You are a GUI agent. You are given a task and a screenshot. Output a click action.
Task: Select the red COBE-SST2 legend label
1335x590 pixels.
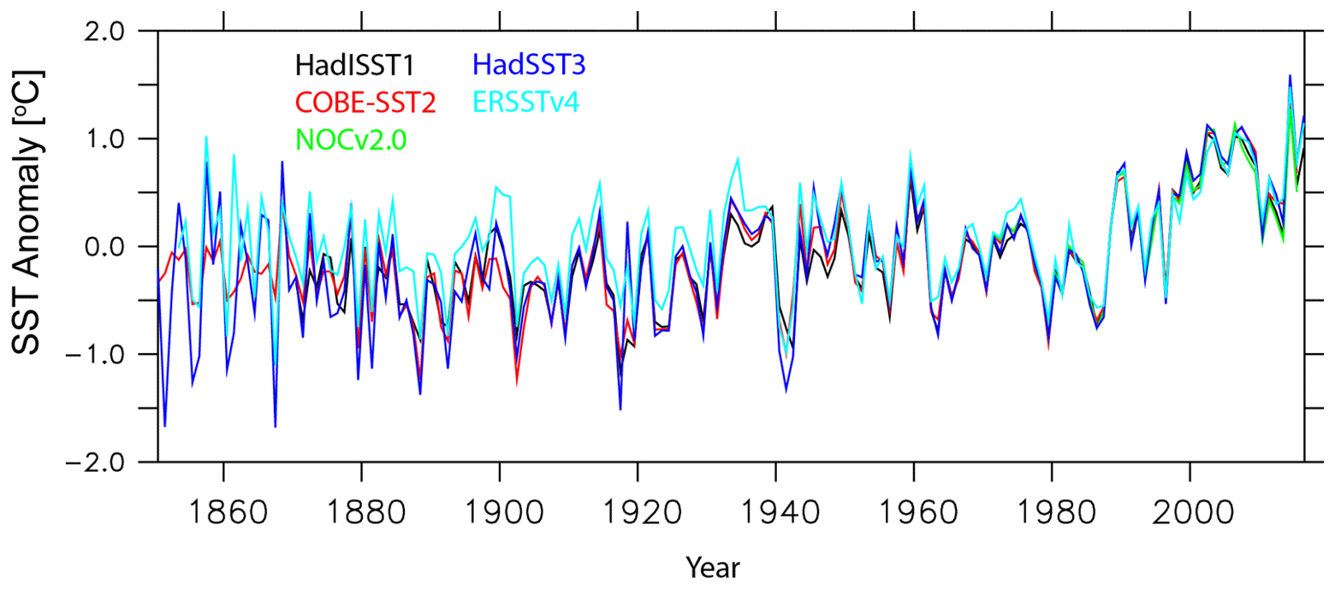click(x=365, y=103)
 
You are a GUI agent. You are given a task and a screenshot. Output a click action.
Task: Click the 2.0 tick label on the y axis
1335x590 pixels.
click(x=127, y=32)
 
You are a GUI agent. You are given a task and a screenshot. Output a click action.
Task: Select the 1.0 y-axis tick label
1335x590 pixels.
click(x=127, y=139)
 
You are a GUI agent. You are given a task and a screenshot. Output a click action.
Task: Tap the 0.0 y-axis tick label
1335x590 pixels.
click(x=127, y=247)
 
